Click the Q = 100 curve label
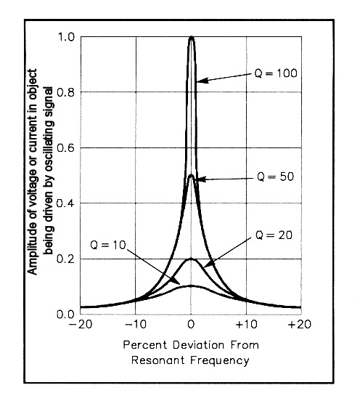click(x=276, y=73)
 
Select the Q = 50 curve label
click(x=275, y=177)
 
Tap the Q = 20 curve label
click(x=274, y=235)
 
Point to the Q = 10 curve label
click(x=108, y=245)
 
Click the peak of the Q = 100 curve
click(x=192, y=36)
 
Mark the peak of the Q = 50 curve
click(x=191, y=175)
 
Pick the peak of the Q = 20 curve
click(x=191, y=259)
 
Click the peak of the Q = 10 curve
click(x=191, y=286)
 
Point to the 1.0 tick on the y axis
click(x=66, y=37)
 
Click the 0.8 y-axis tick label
click(x=65, y=92)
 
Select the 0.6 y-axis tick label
click(x=65, y=148)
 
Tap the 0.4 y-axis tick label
click(x=65, y=203)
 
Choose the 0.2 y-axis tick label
click(x=65, y=259)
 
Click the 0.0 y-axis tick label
click(x=65, y=315)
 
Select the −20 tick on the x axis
click(x=81, y=325)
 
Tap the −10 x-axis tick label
click(x=136, y=325)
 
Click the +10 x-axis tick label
click(x=246, y=325)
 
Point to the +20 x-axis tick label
click(x=300, y=325)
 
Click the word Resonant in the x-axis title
click(x=158, y=360)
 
